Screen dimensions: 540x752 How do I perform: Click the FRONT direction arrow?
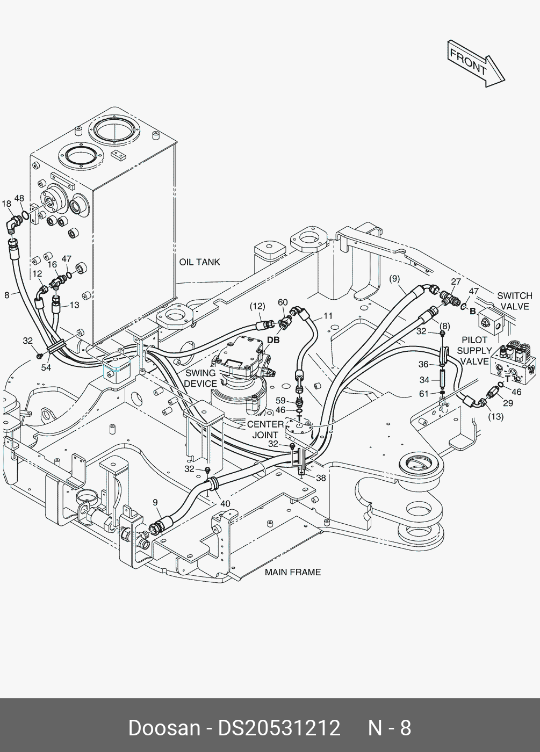(476, 63)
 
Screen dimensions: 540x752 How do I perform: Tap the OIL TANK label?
(199, 262)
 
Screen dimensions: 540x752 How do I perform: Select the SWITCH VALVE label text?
(515, 301)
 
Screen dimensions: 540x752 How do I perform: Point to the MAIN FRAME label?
(293, 572)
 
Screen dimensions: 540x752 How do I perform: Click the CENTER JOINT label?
(265, 430)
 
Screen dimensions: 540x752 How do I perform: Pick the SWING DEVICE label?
(200, 378)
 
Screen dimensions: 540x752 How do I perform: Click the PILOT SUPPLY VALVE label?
(474, 351)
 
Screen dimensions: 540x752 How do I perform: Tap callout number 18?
(6, 204)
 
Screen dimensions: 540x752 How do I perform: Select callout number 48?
(19, 198)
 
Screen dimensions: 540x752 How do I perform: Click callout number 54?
(46, 367)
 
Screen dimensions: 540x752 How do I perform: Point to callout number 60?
(283, 302)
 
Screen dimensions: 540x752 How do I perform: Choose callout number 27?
(456, 281)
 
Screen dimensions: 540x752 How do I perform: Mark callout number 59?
(280, 401)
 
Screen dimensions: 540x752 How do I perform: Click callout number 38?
(321, 478)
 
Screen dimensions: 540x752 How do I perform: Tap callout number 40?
(225, 504)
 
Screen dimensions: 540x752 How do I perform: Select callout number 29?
(508, 403)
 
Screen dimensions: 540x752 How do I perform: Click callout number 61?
(424, 393)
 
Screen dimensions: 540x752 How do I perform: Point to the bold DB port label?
(273, 340)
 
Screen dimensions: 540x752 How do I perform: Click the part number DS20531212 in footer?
(279, 728)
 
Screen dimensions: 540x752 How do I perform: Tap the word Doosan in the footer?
(164, 728)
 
